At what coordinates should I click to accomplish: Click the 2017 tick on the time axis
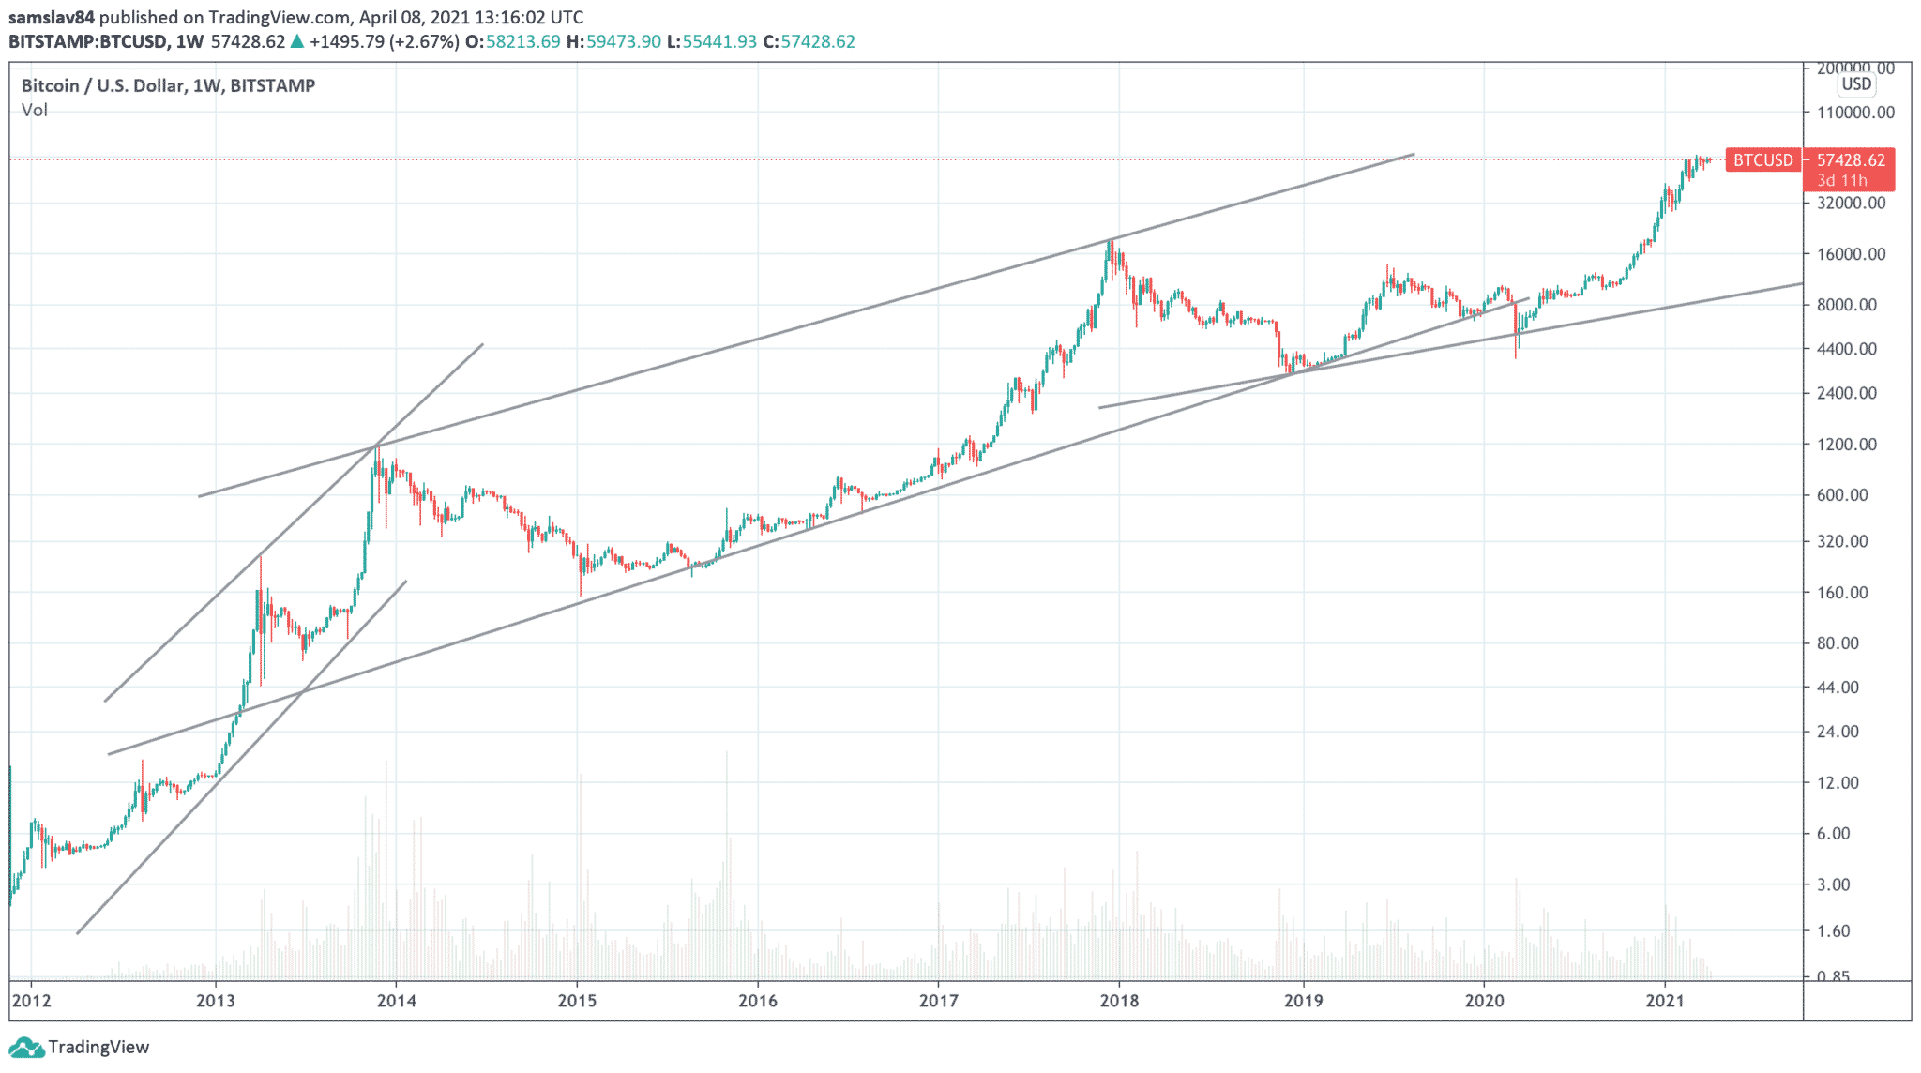[938, 1001]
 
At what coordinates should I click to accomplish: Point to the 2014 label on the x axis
[396, 1001]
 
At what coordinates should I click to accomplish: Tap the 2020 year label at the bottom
[1484, 1001]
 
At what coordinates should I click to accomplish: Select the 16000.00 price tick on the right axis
[1851, 254]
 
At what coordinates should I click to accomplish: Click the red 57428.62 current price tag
[1851, 160]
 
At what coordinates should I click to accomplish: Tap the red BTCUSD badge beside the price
[1762, 160]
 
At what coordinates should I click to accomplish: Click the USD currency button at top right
[1856, 84]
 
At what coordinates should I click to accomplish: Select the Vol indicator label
[35, 111]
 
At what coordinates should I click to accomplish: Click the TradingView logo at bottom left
[79, 1048]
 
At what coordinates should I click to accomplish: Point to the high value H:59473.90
[613, 42]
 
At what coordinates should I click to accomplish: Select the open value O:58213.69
[512, 42]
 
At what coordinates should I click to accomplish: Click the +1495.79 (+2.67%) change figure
[384, 42]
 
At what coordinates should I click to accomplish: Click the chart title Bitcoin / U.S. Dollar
[103, 85]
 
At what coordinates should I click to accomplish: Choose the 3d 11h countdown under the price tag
[1841, 180]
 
